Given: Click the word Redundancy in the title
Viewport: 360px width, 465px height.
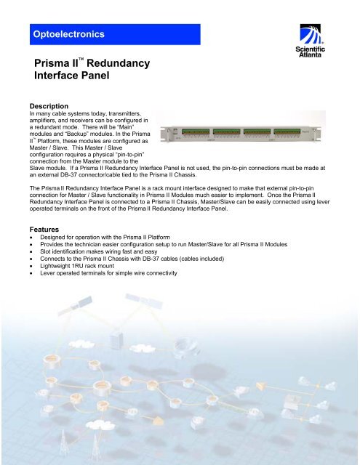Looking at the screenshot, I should [x=117, y=63].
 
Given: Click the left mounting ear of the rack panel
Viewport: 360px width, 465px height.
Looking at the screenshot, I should [x=164, y=134].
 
